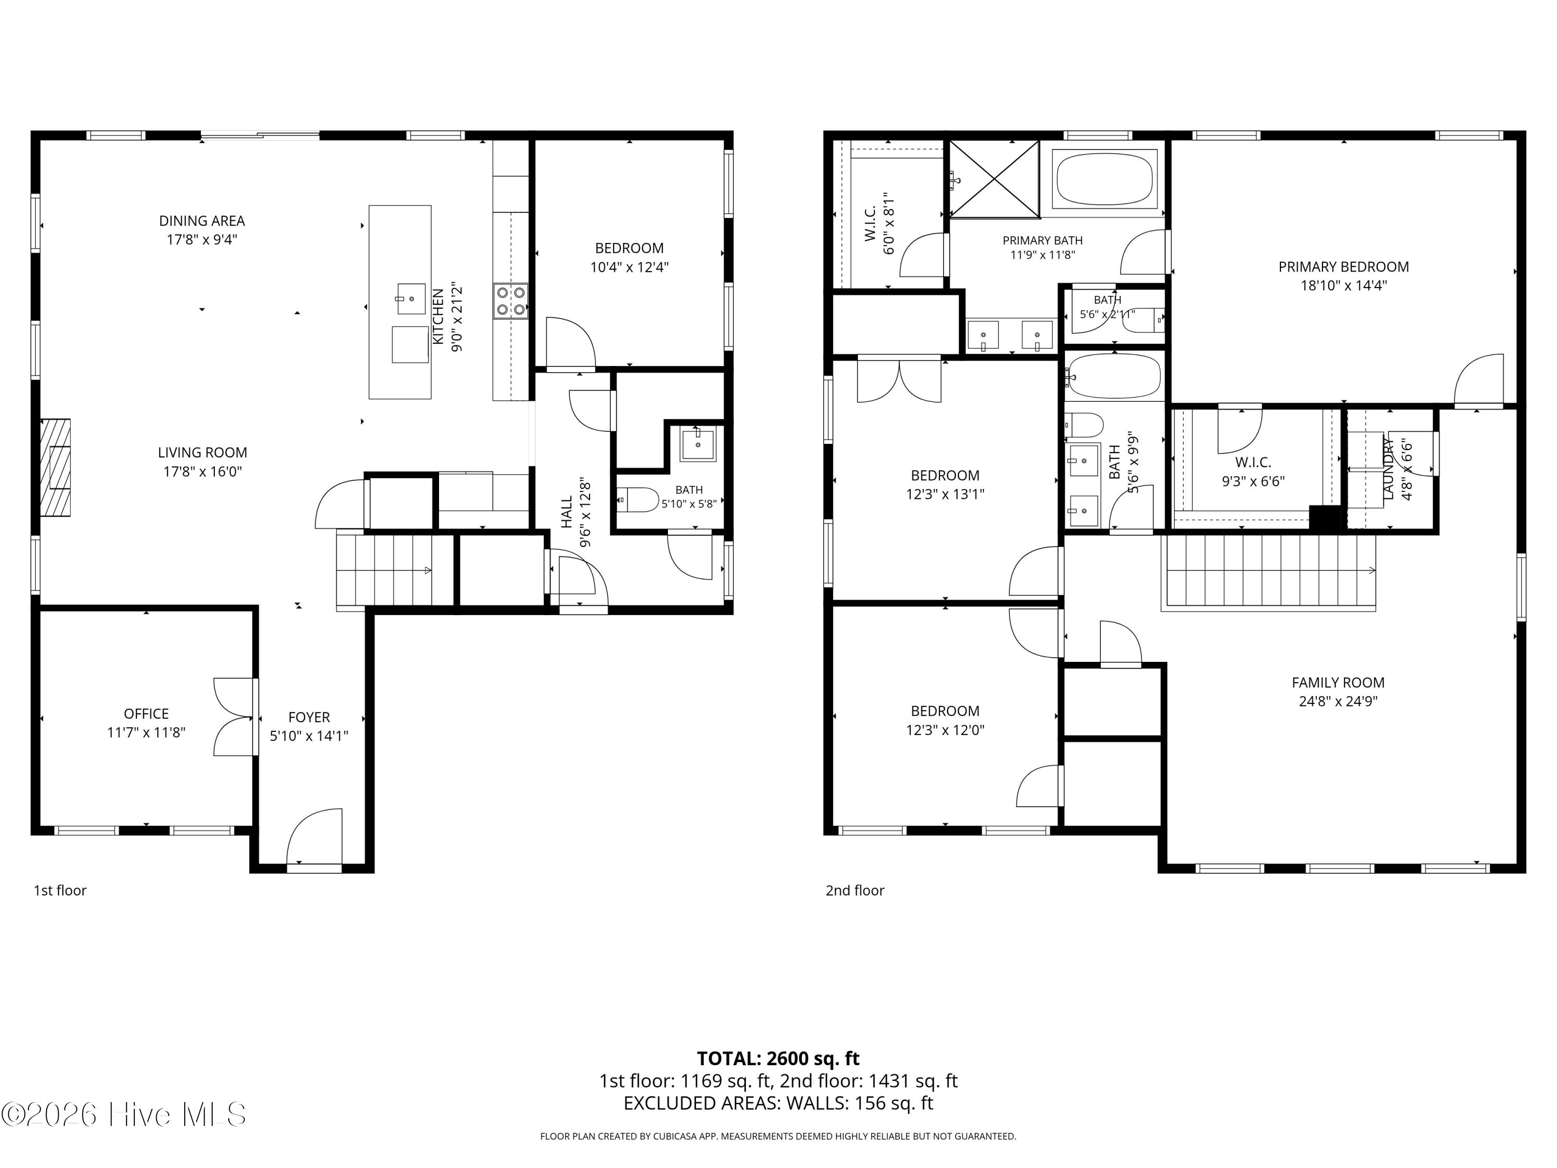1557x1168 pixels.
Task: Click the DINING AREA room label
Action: [202, 221]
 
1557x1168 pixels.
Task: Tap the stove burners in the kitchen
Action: [510, 301]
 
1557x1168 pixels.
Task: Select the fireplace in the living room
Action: [55, 468]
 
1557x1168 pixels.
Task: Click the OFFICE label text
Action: [146, 714]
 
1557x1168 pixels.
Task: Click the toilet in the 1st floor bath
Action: [638, 500]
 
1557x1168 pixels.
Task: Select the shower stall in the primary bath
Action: [994, 179]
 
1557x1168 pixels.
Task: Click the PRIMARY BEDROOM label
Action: [1344, 267]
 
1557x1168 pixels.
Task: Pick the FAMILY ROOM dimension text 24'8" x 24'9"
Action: [1338, 701]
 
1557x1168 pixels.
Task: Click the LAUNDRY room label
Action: [1389, 469]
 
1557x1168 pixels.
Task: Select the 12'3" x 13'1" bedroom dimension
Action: [945, 494]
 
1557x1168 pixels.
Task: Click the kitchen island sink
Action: [411, 298]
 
